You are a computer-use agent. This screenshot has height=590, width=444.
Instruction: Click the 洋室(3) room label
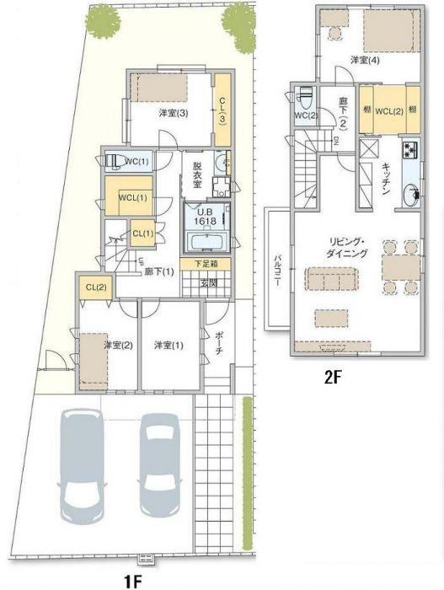tap(172, 113)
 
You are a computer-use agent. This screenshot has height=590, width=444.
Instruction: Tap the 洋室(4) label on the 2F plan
tap(365, 60)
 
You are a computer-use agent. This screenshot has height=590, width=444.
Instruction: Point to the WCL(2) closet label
tap(387, 110)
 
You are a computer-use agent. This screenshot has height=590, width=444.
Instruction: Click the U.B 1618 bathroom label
tap(206, 216)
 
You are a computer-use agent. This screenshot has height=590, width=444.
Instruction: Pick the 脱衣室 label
tap(197, 174)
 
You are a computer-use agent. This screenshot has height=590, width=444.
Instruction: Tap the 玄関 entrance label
tap(208, 283)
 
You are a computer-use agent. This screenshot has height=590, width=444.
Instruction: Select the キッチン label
tap(384, 179)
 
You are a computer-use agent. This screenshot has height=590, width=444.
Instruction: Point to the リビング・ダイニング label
tap(346, 247)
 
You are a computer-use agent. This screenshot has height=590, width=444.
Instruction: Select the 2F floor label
tap(333, 378)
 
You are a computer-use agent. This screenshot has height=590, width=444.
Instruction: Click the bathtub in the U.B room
tap(206, 242)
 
